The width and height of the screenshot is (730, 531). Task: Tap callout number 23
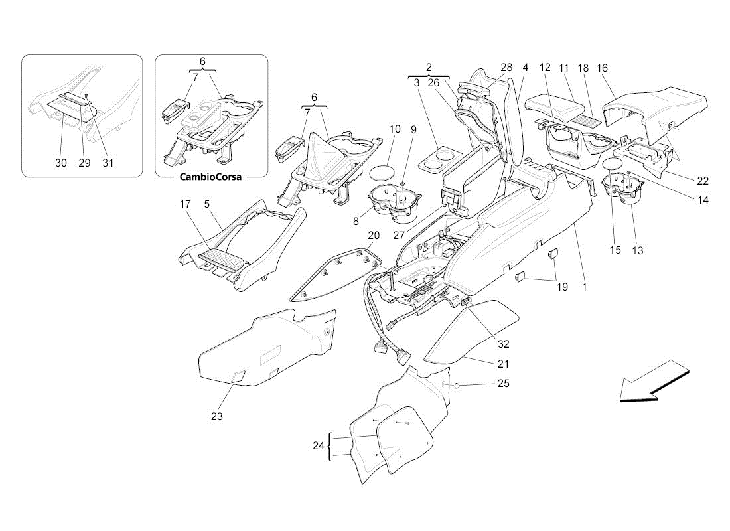[217, 417]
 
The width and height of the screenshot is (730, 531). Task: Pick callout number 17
[185, 205]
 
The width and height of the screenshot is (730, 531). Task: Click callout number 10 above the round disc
[395, 129]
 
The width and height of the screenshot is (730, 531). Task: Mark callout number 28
[506, 67]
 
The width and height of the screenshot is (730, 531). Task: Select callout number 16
[602, 67]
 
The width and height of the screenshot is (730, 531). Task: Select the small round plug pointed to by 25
[458, 386]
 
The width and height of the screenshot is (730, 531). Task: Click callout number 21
[504, 364]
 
